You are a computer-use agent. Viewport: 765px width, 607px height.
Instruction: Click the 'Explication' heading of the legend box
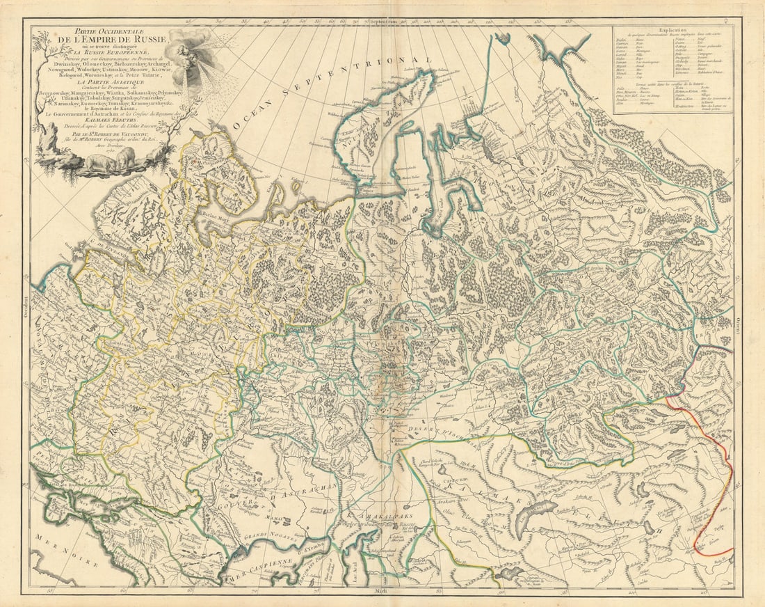point(673,31)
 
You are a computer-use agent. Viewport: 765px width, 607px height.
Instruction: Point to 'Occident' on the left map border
point(27,306)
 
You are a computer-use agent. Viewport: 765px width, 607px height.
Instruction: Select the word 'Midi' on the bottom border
point(383,592)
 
